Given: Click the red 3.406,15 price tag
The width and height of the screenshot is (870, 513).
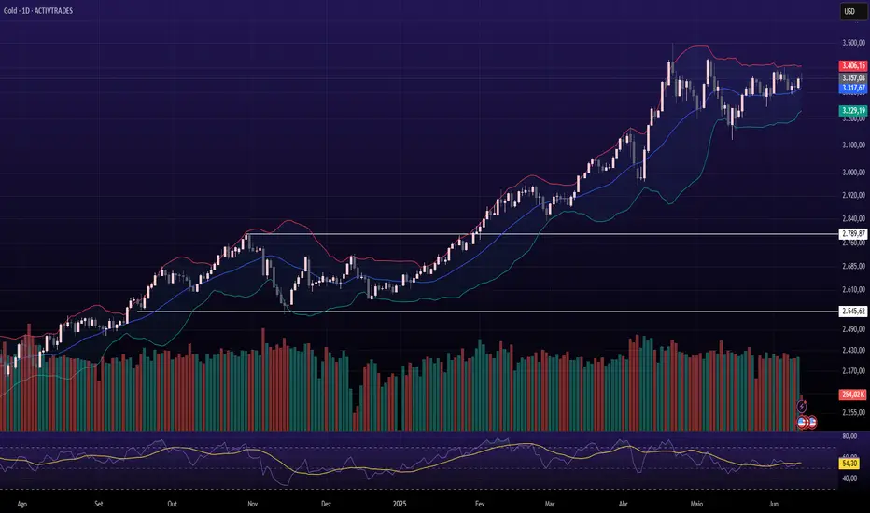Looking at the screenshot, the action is point(853,65).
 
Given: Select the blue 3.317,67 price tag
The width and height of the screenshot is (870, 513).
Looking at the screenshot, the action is point(853,88).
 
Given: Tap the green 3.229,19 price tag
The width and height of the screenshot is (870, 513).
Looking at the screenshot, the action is point(853,111).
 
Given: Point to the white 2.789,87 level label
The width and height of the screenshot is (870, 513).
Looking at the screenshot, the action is point(853,234).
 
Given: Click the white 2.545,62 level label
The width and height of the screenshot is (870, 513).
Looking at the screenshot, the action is point(853,312).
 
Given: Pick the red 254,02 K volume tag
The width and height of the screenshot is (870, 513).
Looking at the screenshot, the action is point(853,395).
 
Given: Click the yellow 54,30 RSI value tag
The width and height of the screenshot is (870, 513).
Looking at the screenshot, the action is point(849,463).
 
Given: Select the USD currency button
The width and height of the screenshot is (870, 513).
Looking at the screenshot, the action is point(850,11).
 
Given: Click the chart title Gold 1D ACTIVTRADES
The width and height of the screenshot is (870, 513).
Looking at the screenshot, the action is point(37,10).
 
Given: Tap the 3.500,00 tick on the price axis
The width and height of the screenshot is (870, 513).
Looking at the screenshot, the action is point(853,43).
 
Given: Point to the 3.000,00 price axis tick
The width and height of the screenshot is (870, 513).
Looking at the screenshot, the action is point(853,173).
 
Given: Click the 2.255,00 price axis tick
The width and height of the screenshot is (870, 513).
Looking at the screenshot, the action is point(853,412).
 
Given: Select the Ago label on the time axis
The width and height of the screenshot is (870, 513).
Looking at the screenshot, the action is point(22,504).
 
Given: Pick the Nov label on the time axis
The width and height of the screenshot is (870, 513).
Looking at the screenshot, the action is point(252,504).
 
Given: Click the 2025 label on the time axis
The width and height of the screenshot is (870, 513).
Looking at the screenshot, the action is point(400,504).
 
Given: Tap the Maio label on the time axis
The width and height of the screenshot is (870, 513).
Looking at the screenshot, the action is point(696,504).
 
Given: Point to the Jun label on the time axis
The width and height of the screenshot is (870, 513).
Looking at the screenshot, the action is point(774,504).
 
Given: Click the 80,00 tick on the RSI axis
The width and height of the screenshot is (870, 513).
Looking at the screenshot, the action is point(849,437).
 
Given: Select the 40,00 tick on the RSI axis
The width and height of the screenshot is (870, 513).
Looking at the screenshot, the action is point(849,478).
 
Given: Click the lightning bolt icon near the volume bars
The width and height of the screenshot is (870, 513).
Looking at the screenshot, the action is point(802,407).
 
